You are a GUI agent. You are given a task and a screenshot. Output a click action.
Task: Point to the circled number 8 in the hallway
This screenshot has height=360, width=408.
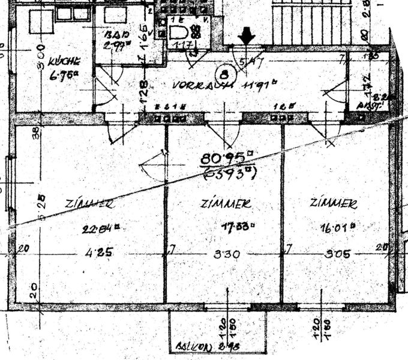point(224,74)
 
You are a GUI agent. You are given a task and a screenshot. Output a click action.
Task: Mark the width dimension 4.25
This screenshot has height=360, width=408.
point(89,252)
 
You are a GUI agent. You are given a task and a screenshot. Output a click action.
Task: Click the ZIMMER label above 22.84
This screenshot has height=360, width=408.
point(90,204)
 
